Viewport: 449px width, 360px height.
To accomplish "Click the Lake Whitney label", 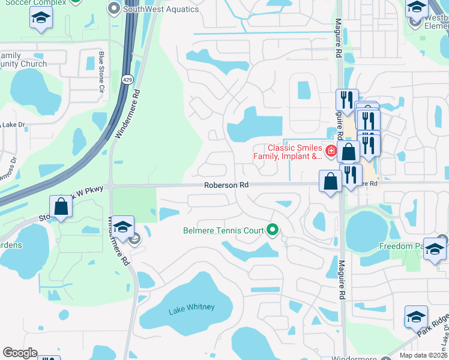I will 191,308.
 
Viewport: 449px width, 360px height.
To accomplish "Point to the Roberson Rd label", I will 226,185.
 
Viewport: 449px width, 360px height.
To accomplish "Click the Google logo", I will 20,353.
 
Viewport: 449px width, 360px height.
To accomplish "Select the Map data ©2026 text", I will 423,355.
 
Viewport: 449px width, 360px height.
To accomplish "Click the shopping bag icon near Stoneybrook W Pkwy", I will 61,206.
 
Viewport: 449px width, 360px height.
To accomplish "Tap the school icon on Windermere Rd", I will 122,227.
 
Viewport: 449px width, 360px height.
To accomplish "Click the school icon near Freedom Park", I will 435,249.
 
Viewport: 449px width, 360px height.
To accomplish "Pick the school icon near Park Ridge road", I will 416,316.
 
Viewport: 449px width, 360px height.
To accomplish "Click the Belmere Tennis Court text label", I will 225,230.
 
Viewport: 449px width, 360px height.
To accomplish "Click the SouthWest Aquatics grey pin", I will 114,8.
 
